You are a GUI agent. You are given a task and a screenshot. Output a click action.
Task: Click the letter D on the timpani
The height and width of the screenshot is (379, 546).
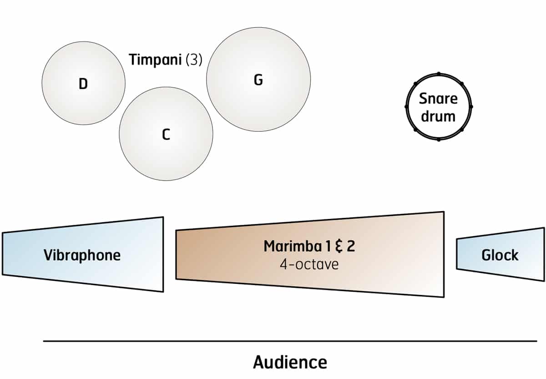[x=83, y=84]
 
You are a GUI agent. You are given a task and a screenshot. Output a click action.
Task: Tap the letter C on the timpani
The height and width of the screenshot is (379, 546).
[x=166, y=134]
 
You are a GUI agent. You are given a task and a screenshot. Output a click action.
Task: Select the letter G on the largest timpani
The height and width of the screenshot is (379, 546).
[x=258, y=80]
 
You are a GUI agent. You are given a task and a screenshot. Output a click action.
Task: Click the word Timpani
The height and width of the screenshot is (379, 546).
[x=156, y=60]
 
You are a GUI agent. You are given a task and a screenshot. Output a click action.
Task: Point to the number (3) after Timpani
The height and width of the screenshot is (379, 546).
[x=194, y=60]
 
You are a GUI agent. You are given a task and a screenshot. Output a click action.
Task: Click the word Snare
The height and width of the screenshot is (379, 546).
[x=438, y=99]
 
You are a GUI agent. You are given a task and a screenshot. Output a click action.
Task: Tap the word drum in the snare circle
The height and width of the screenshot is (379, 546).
[x=438, y=116]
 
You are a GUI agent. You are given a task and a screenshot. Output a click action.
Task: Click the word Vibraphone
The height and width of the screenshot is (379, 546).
[x=82, y=255]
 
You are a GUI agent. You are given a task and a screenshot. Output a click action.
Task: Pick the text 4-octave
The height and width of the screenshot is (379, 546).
[x=309, y=264]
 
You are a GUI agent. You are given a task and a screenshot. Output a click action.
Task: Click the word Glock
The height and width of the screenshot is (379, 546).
[x=500, y=255]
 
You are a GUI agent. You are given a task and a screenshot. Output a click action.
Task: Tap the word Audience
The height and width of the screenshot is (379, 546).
[x=290, y=363]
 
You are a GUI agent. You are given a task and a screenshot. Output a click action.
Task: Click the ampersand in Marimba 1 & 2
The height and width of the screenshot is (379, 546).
[x=339, y=246]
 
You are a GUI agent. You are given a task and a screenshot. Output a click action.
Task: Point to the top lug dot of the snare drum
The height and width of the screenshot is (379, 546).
[x=439, y=73]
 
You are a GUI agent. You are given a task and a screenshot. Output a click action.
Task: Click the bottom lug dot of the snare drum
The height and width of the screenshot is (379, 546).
[x=439, y=139]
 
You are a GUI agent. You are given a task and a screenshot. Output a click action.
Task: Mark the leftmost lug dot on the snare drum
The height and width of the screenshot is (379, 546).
[x=406, y=106]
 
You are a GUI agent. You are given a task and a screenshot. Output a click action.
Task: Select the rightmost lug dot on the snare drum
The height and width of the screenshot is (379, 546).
[x=471, y=106]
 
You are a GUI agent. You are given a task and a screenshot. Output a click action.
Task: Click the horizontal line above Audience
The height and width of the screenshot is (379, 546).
[x=290, y=341]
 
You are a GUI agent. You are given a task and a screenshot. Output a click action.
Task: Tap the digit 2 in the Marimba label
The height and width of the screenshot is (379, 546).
[x=351, y=246]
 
